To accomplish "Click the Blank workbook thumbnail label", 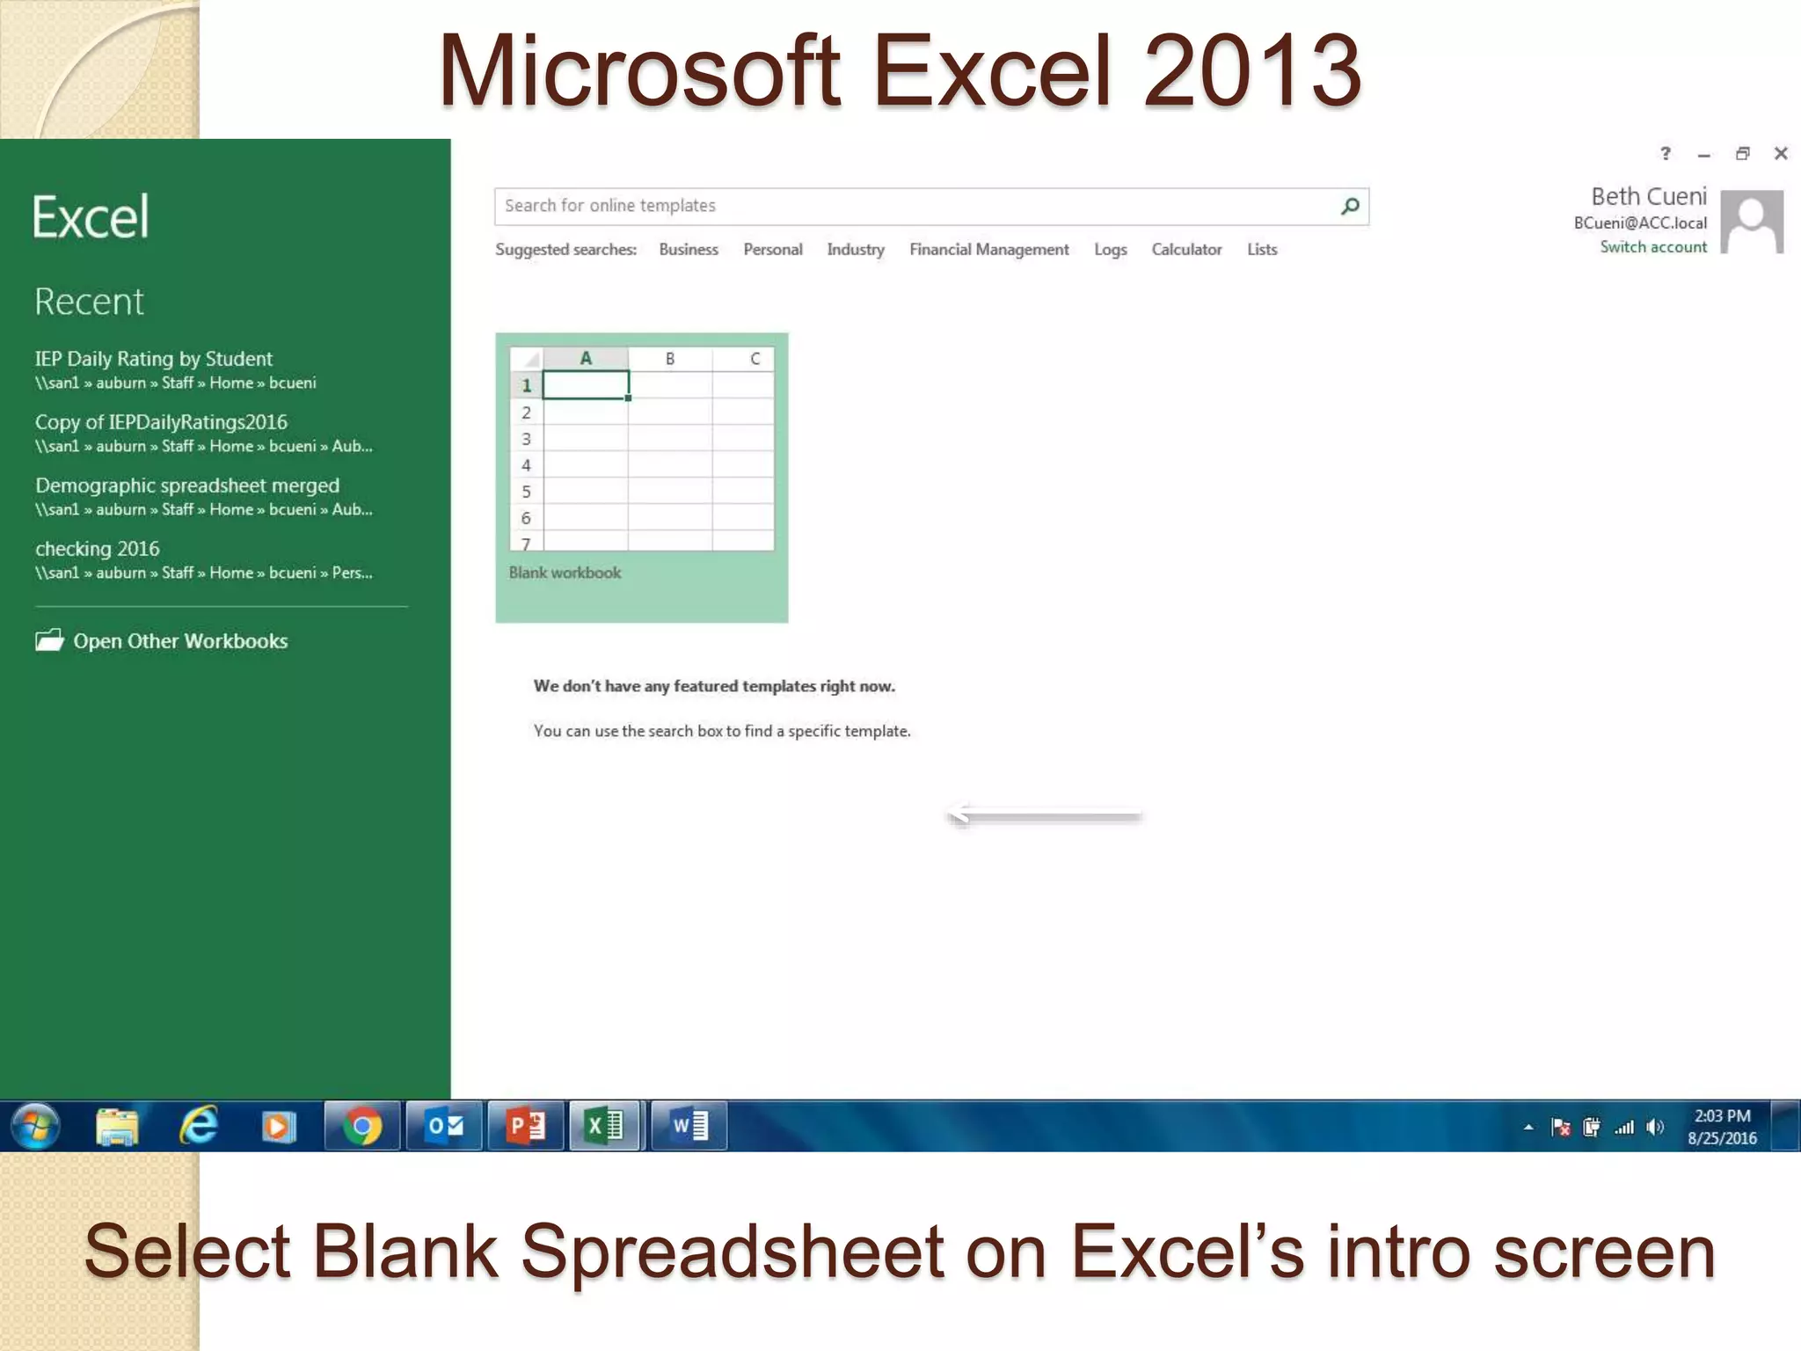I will (x=565, y=573).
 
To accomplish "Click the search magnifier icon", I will (x=1350, y=206).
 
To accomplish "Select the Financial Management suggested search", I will (x=988, y=250).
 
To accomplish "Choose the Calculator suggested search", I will (x=1186, y=250).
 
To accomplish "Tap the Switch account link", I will (x=1652, y=247).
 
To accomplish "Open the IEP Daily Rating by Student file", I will (x=154, y=359).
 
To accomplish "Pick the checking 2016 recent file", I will (x=98, y=549).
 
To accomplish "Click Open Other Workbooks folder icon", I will (x=50, y=640).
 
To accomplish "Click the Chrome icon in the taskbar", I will (x=361, y=1126).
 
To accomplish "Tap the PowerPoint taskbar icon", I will (x=526, y=1126).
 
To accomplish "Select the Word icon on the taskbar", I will (x=689, y=1126).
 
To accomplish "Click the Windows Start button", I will (x=35, y=1126).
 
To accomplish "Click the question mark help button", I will (x=1665, y=154).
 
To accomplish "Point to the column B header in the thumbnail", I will (x=670, y=359).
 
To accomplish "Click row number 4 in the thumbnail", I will (x=526, y=465).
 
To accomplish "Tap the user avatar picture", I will (x=1752, y=222).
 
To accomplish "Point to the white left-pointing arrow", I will (x=1044, y=815).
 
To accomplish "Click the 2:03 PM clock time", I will (x=1722, y=1115).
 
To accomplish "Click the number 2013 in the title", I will (x=1252, y=70).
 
